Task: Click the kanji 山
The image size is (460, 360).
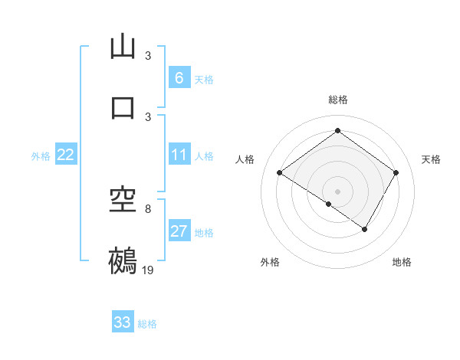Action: coord(123,47)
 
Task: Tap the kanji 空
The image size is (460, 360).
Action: coord(123,201)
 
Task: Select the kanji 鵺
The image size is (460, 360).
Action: coord(123,260)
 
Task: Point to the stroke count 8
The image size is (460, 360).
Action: coord(148,208)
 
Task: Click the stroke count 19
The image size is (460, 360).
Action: coord(148,270)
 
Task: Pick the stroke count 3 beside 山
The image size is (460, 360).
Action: coord(148,56)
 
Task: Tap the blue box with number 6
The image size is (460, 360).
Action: coord(179,78)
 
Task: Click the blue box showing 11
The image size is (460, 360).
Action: coord(179,155)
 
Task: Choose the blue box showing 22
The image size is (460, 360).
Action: coord(66,155)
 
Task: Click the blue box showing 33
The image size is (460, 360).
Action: coord(123,322)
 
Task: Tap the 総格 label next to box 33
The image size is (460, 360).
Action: coord(147,324)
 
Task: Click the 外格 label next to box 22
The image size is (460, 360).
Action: coord(41,156)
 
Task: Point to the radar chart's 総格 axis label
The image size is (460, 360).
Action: coord(337,100)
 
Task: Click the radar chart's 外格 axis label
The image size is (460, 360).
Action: coord(269,263)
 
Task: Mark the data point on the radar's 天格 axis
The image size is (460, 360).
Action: coord(396,173)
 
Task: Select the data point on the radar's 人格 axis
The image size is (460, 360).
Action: coord(280,173)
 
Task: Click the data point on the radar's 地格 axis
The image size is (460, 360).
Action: coord(365,229)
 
